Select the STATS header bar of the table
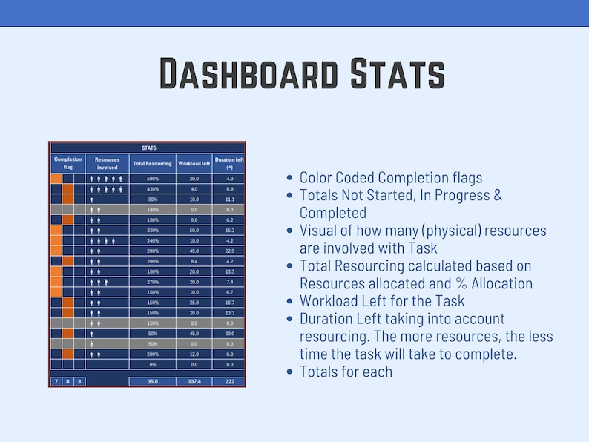tap(148, 148)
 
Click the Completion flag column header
tap(68, 163)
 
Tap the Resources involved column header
tap(107, 163)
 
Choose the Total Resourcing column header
tap(152, 163)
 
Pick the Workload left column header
tap(194, 163)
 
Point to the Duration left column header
tap(229, 163)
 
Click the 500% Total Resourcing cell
tap(153, 179)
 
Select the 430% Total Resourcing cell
tap(153, 189)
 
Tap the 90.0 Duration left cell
tap(229, 334)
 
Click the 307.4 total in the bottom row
tap(194, 381)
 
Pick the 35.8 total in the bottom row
tap(153, 381)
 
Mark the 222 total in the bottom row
tap(229, 381)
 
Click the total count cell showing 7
tap(56, 381)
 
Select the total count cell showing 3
tap(80, 381)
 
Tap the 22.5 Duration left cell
tap(229, 251)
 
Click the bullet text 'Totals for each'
tap(346, 372)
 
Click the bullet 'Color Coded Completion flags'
tap(391, 178)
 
